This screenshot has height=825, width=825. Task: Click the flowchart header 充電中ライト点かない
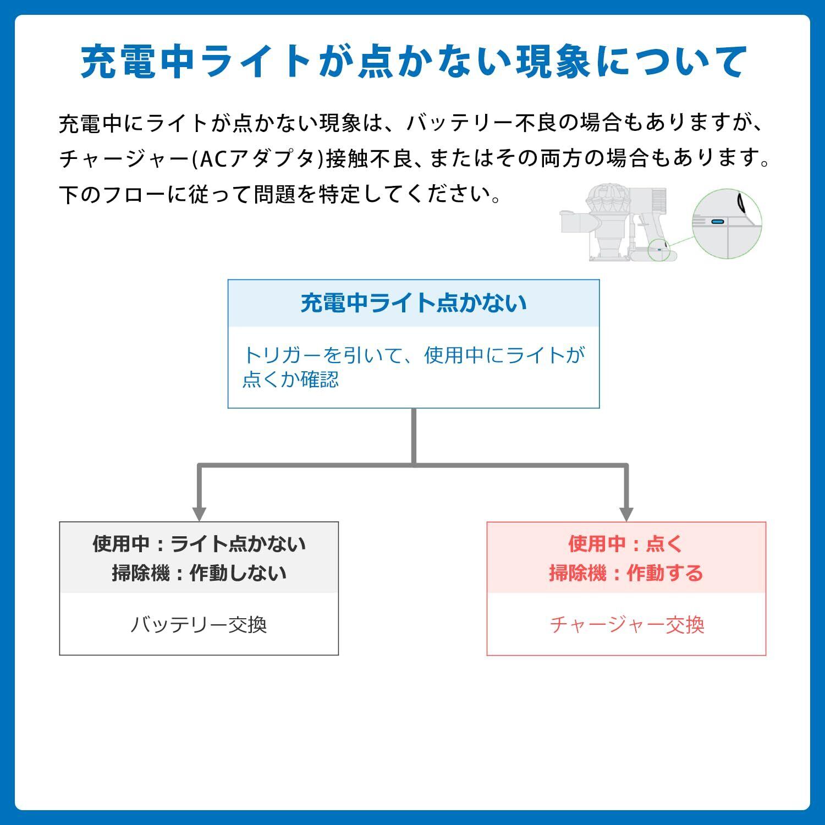pos(413,304)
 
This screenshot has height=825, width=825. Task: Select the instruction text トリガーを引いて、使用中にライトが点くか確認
pos(413,367)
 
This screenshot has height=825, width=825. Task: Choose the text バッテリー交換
pos(199,625)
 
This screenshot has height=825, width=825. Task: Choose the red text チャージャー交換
pos(626,625)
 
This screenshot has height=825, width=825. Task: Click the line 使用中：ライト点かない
pos(199,544)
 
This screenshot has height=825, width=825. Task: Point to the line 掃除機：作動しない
pos(199,573)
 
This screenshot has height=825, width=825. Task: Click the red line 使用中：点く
pos(626,544)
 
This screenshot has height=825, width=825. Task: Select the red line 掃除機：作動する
pos(626,573)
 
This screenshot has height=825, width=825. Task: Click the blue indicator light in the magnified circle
pos(717,221)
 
